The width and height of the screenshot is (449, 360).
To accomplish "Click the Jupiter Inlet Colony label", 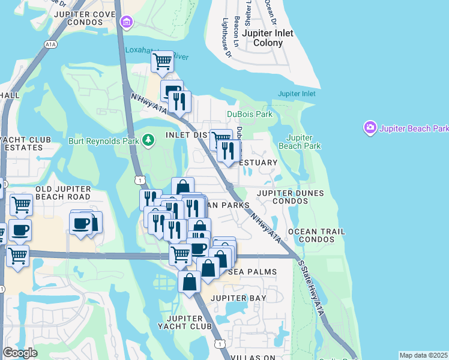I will click(x=268, y=38).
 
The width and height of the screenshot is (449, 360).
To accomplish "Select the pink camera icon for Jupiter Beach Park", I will click(x=370, y=128).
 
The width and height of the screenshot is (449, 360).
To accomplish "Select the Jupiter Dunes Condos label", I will click(x=291, y=197).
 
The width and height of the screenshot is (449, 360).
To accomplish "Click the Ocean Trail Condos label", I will click(x=316, y=235).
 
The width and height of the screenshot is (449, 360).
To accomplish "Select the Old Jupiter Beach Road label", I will click(x=63, y=193).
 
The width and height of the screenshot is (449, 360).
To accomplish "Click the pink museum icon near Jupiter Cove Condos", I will click(x=127, y=23).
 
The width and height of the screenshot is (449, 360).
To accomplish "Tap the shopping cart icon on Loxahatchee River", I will click(x=162, y=61).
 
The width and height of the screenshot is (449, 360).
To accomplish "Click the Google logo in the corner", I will click(x=20, y=353).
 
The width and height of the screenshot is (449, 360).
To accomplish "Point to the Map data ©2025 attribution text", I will click(x=423, y=355).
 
